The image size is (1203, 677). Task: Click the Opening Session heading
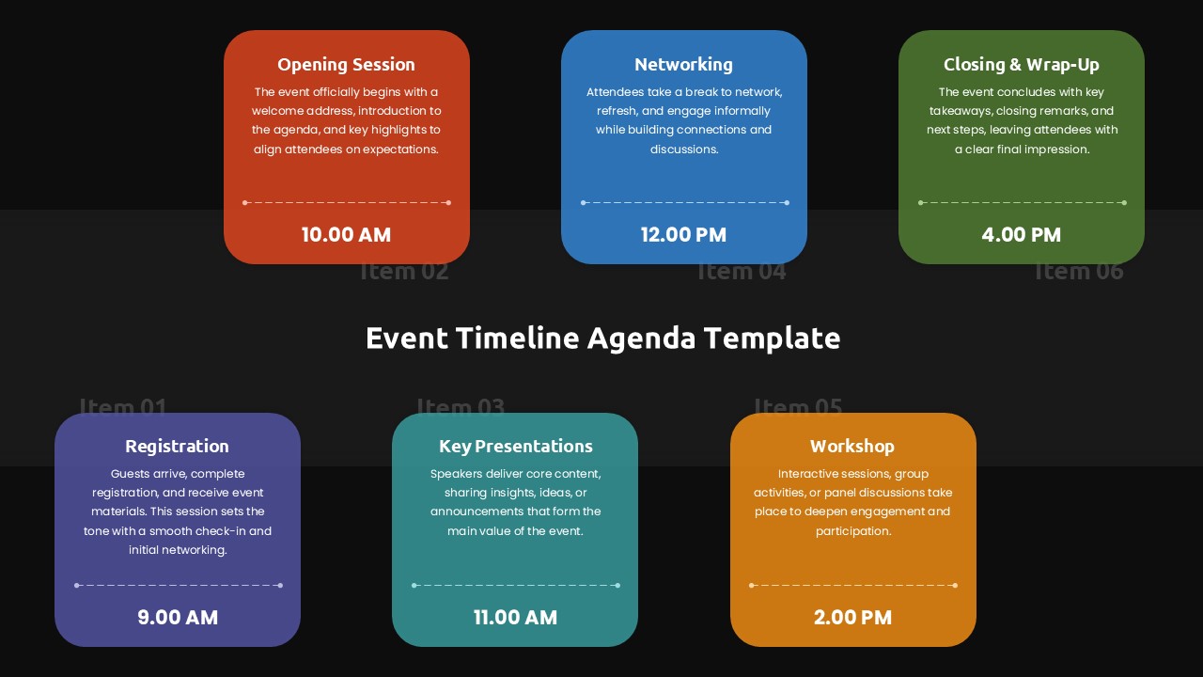346,65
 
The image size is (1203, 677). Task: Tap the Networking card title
683,65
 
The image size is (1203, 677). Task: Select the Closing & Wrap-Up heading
1021,65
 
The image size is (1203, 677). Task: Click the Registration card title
177,447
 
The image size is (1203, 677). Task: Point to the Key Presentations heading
515,447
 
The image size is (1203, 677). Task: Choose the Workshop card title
852,447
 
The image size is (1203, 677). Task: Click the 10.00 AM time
346,235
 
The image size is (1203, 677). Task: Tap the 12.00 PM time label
683,235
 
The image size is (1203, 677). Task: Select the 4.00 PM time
1021,235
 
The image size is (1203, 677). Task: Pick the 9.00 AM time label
178,618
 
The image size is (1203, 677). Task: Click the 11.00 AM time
515,618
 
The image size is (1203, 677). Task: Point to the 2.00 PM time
852,618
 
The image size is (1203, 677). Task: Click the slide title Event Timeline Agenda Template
602,338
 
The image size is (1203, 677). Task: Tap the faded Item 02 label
404,273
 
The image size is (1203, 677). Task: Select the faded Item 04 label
742,273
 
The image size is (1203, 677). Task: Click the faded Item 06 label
1079,273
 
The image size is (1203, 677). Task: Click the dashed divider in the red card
347,202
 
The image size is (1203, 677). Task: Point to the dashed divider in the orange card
852,585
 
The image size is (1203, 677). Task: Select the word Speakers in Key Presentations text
456,474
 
